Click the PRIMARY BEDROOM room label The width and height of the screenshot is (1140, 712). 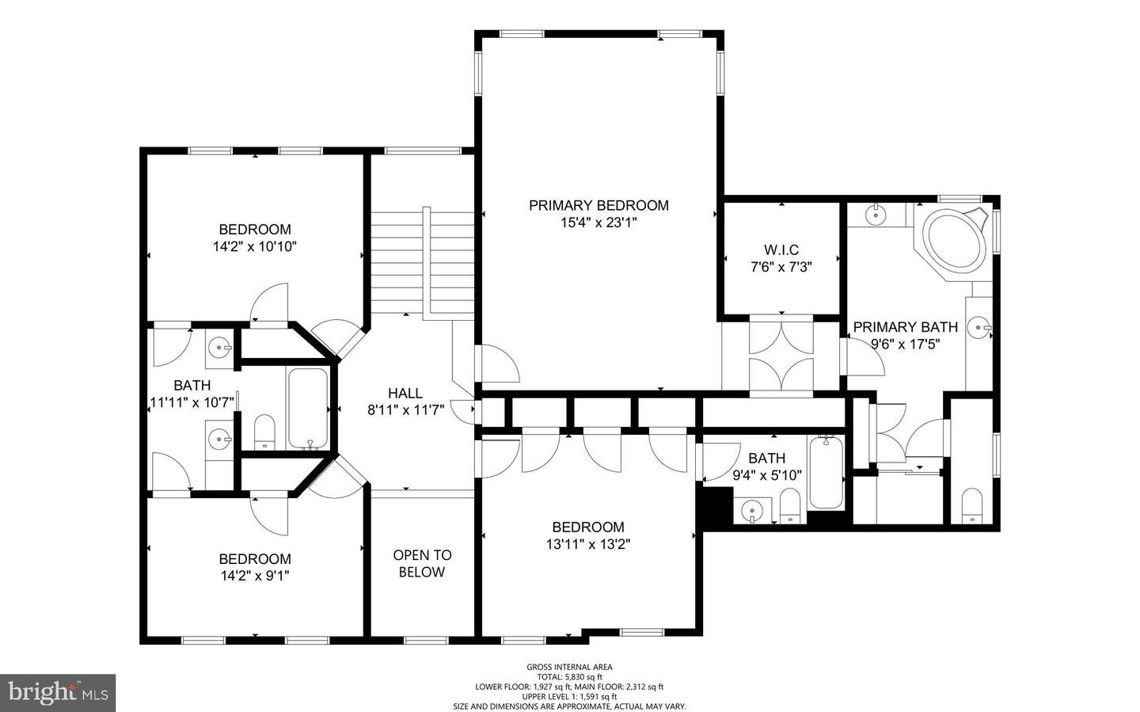coord(598,205)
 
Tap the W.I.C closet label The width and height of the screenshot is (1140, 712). coord(781,250)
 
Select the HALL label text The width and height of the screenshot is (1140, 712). coord(405,393)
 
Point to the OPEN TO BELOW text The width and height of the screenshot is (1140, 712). coord(422,563)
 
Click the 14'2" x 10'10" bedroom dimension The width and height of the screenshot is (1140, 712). coord(254,247)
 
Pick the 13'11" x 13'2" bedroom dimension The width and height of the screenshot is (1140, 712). coord(588,544)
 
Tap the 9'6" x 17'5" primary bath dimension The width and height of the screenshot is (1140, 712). coord(906,345)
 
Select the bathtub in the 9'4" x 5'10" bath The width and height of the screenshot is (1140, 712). coord(826,472)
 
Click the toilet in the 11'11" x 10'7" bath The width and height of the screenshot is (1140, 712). coord(264,432)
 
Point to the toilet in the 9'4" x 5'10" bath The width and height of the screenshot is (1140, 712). coord(790,505)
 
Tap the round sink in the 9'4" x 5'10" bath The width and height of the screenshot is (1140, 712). coord(752,510)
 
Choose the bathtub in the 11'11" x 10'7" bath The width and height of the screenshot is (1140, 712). coord(307,409)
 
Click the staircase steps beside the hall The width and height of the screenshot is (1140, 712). coord(422,262)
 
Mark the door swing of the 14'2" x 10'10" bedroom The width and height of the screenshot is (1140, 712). coord(269,303)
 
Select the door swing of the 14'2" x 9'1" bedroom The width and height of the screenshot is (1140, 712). coord(269,516)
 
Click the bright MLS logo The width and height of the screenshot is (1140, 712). coord(58,693)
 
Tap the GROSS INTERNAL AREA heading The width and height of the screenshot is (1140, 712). coord(569,667)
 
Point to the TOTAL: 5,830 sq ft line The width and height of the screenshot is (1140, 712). coord(569,677)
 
